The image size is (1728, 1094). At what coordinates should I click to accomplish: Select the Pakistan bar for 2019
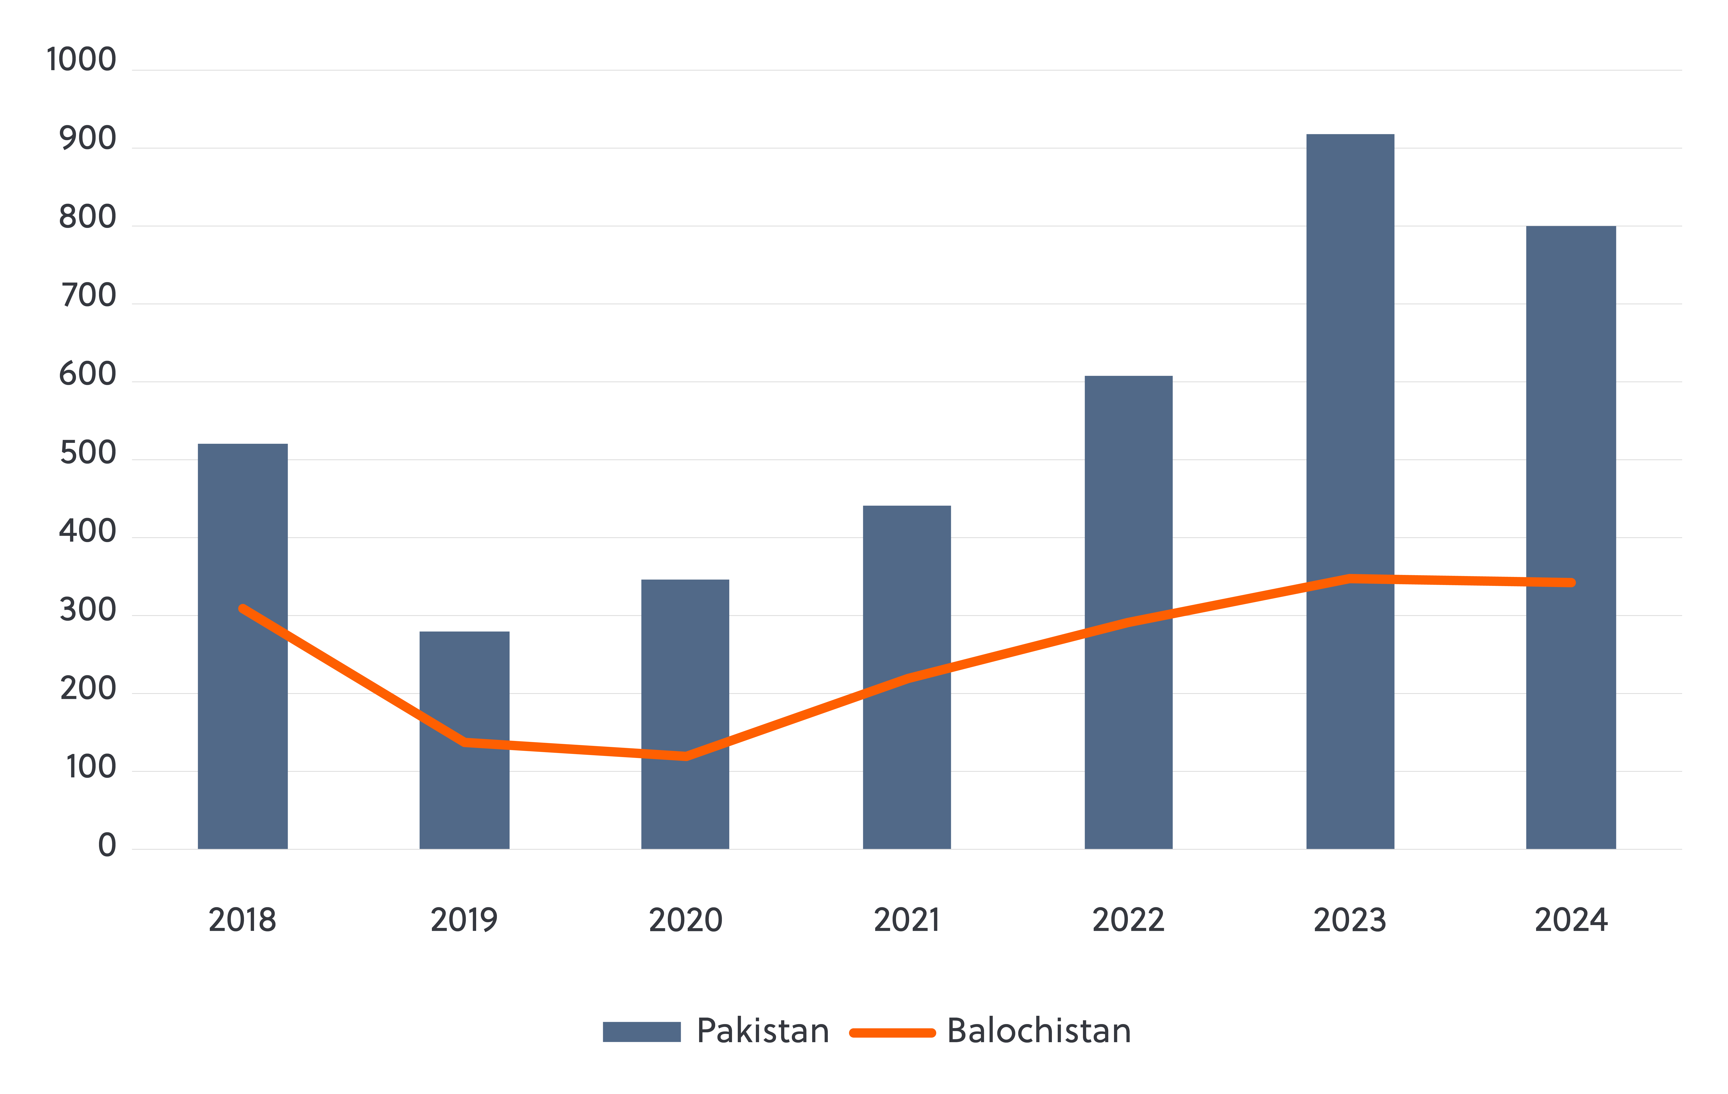(x=464, y=790)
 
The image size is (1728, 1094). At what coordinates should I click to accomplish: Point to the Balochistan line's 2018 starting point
(x=243, y=609)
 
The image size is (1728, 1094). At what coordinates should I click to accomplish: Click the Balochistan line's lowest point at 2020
(x=686, y=756)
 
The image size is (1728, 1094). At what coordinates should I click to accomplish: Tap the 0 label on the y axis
(x=107, y=846)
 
